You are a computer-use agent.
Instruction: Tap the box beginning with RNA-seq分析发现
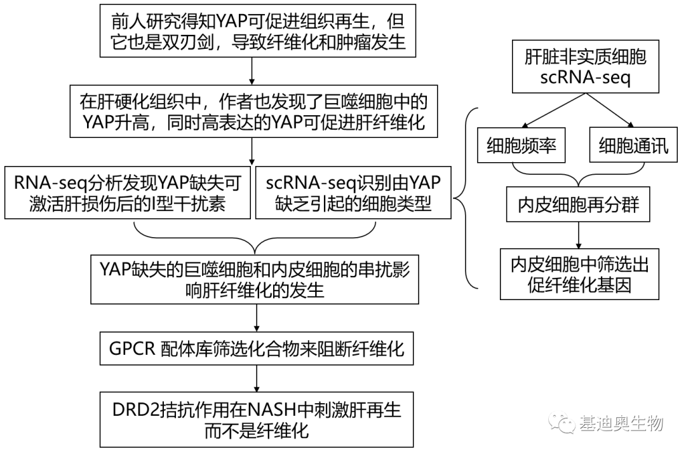click(x=127, y=193)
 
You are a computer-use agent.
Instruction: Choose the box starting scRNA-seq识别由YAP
click(x=353, y=193)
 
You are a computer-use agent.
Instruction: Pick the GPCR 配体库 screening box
click(x=254, y=349)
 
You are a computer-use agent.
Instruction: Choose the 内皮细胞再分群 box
click(x=577, y=204)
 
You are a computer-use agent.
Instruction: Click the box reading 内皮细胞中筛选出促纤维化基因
click(x=577, y=275)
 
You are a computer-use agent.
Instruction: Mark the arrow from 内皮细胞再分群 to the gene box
click(x=577, y=235)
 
